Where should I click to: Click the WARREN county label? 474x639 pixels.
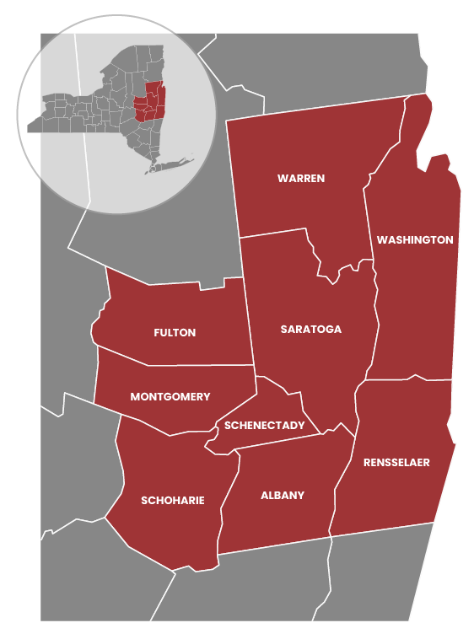point(301,179)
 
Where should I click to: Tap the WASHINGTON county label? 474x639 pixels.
point(415,240)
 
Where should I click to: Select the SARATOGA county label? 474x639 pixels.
point(311,330)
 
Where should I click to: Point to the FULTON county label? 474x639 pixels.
point(175,333)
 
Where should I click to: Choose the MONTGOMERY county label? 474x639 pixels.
point(170,397)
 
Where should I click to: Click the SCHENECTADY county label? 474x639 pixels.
point(265,426)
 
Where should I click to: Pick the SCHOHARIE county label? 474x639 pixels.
point(173,501)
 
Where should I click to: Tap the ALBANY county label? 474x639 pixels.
point(283,496)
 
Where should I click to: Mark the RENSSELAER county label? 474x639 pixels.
point(396,463)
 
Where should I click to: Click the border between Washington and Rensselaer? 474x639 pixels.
point(405,379)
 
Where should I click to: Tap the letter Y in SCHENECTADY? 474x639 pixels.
point(301,426)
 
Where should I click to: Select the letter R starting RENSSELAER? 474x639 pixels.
point(367,463)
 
